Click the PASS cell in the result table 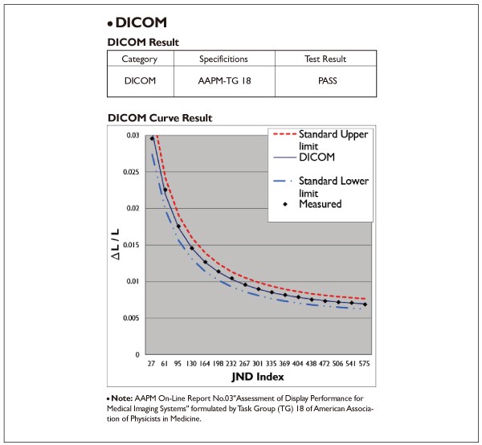coord(325,81)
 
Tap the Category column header coord(140,59)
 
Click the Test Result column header coord(325,59)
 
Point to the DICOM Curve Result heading coord(160,118)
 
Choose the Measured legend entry coord(320,204)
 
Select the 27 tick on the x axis coord(152,363)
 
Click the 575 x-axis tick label coord(366,363)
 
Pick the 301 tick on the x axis coord(259,363)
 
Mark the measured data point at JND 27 coord(152,139)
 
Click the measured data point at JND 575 coord(366,304)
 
